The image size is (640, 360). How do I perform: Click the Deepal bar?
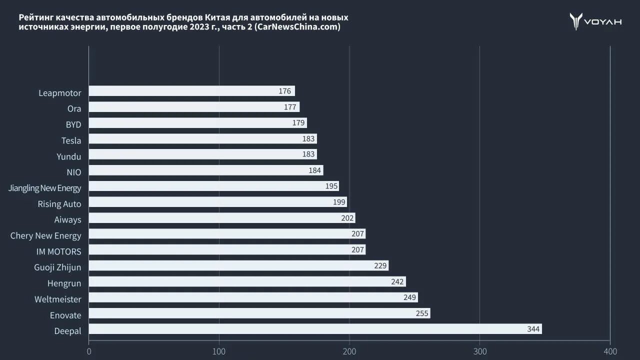pos(315,329)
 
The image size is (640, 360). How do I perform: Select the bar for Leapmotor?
pos(191,91)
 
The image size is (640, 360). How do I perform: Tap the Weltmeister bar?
pos(253,297)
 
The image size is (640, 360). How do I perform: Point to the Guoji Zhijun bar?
pos(238,265)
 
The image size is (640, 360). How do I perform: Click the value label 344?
pos(533,329)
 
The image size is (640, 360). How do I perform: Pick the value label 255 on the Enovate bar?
pos(422,313)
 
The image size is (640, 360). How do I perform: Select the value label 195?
pos(331,186)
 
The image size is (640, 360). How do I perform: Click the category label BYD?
pos(73,124)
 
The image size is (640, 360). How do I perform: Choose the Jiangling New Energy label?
pos(45,188)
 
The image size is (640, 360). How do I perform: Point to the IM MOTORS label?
pos(58,251)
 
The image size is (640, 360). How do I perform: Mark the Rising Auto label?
pos(59,204)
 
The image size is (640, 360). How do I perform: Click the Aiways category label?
pos(67,219)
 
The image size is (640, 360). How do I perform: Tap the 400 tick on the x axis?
pos(610,351)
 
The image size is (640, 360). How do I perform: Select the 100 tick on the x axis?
pos(219,351)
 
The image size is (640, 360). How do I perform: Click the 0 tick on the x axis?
pos(89,351)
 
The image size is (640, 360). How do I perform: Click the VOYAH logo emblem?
pos(576,21)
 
